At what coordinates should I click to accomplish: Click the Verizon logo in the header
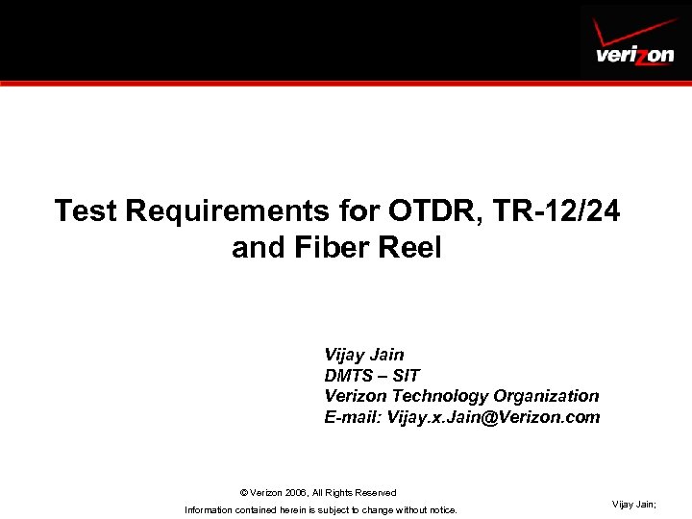click(634, 55)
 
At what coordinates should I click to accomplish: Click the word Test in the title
click(85, 210)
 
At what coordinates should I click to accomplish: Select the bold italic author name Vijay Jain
click(364, 355)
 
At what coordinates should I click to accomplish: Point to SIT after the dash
click(407, 376)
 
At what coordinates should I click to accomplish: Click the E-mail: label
click(353, 417)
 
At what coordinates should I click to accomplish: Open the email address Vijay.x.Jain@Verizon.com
click(493, 417)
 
